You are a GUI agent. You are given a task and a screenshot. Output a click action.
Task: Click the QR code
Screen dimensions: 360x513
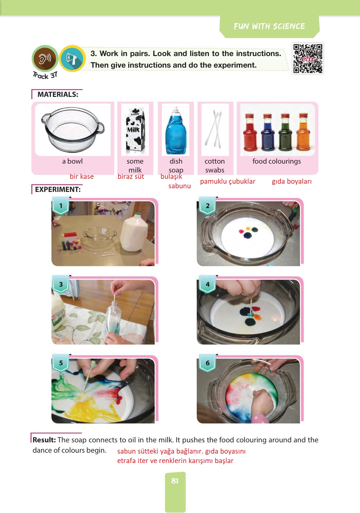[x=308, y=58]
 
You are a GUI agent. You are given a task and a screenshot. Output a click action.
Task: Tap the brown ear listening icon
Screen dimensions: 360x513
[x=45, y=58]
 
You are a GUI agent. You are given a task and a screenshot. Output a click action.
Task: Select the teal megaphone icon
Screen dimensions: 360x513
[x=72, y=58]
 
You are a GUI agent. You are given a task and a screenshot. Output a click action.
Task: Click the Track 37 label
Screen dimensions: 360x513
[x=45, y=75]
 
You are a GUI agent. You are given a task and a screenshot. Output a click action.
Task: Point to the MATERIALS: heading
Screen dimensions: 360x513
[x=58, y=94]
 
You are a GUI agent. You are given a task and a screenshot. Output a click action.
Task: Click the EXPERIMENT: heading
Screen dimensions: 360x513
[x=58, y=189]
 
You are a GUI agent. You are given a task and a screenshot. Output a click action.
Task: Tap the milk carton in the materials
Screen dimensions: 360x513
[x=135, y=130]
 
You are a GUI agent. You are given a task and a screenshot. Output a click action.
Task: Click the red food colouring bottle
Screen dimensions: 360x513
[x=250, y=132]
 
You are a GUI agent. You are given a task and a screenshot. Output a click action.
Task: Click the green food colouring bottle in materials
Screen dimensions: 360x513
[x=285, y=132]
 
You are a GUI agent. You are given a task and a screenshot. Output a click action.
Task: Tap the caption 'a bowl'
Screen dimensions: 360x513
[x=72, y=161]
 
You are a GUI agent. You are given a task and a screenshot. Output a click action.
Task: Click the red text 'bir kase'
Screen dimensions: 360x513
[x=82, y=177]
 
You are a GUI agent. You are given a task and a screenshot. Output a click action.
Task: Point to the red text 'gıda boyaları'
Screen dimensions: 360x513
[x=292, y=182]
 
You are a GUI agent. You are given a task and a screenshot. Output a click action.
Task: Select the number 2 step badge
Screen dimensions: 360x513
[x=207, y=205]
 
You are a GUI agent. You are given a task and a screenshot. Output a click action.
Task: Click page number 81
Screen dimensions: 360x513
[x=175, y=481]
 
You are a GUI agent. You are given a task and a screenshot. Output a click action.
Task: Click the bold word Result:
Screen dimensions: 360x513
[x=44, y=440]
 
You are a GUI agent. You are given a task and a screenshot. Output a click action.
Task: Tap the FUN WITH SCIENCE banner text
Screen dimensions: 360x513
[x=269, y=26]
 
